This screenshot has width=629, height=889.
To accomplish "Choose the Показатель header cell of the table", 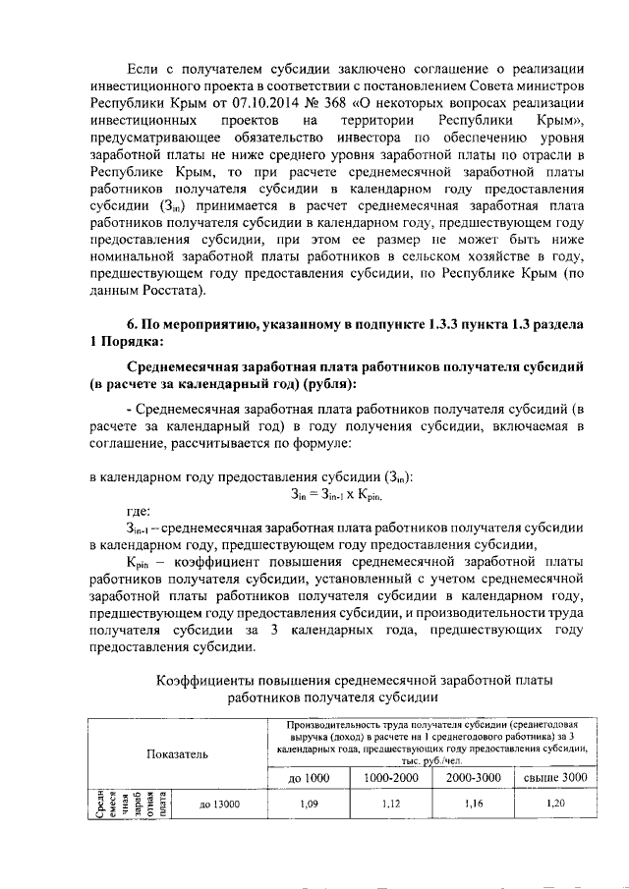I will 178,753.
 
